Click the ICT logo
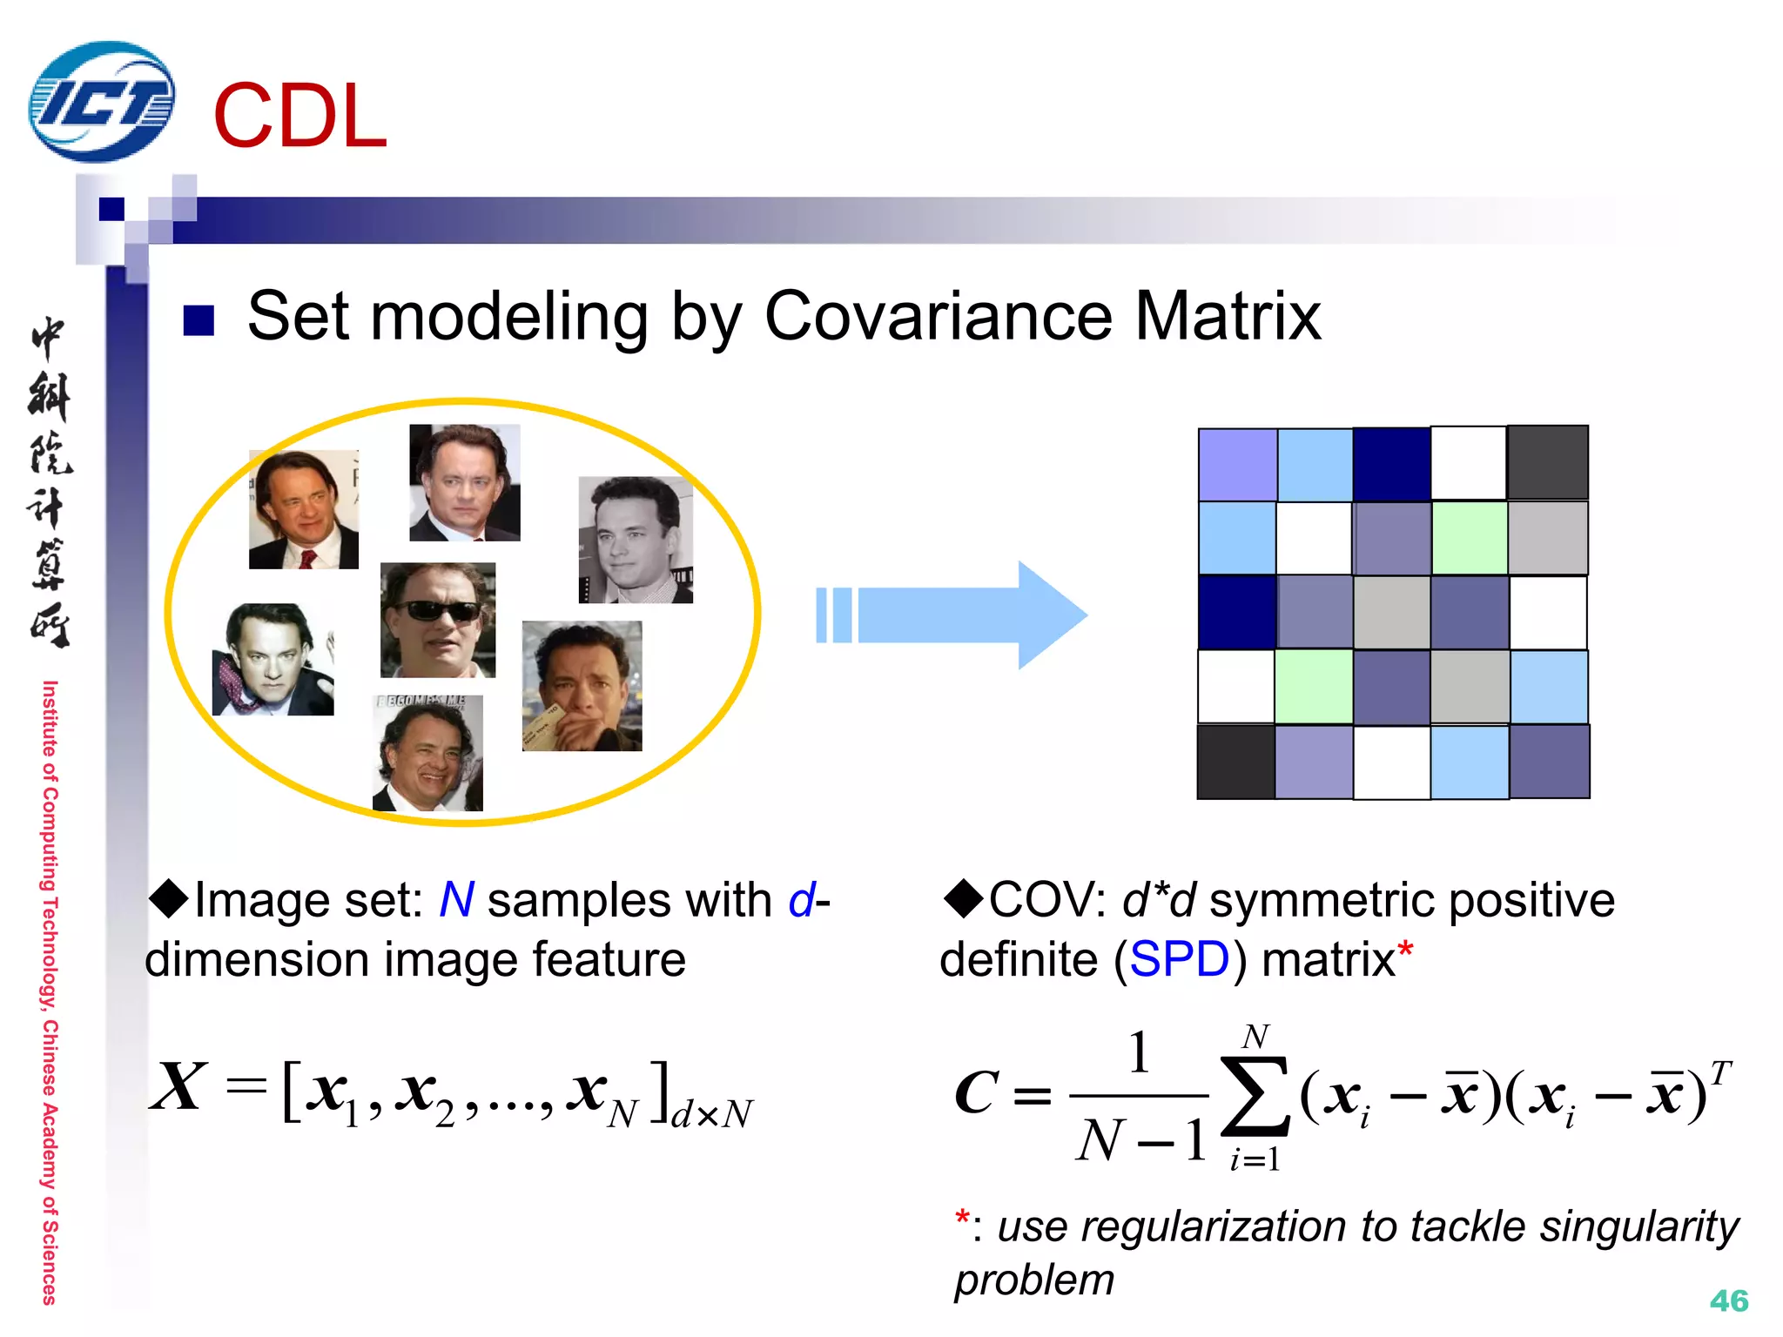point(102,102)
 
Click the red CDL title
point(300,117)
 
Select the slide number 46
point(1728,1300)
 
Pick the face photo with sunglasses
point(438,620)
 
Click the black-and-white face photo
point(636,540)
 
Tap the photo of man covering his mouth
point(582,686)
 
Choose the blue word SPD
point(1180,960)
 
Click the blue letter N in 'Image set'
point(457,900)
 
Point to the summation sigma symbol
point(1255,1096)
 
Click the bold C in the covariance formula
point(977,1092)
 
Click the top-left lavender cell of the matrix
point(1237,465)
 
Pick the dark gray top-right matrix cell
point(1548,462)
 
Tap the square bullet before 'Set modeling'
point(198,320)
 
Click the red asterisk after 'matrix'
point(1405,951)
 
